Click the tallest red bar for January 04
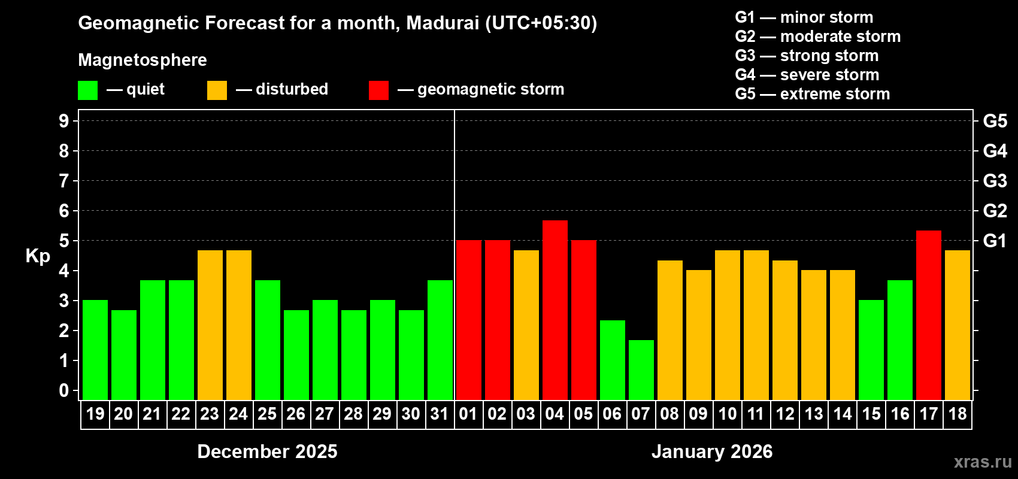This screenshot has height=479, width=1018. coord(555,310)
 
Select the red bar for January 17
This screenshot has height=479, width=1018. coord(929,315)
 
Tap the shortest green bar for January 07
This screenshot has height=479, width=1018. coord(641,369)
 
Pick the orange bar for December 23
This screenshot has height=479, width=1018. coord(210,325)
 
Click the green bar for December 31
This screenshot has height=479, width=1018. coord(440,339)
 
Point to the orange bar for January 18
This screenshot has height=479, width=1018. coord(958,325)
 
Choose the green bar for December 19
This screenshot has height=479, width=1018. coord(95,350)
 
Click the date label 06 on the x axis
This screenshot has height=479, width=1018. coord(612,414)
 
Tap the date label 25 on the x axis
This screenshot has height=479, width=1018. coord(267,414)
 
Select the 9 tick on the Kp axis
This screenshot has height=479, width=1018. coord(64,121)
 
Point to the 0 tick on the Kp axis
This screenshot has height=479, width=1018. coord(64,390)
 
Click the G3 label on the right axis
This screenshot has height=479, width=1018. coord(995,181)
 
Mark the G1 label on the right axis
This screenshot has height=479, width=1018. coord(995,241)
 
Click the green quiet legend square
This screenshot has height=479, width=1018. coord(88,90)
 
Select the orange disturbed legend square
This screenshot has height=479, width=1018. coord(217,90)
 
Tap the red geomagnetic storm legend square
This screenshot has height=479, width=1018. coord(378,90)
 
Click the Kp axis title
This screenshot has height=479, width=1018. coord(38,256)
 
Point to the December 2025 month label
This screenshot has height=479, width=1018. coord(267,451)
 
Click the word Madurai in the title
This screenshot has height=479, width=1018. coord(443,23)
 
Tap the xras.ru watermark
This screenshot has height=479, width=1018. coord(983,462)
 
